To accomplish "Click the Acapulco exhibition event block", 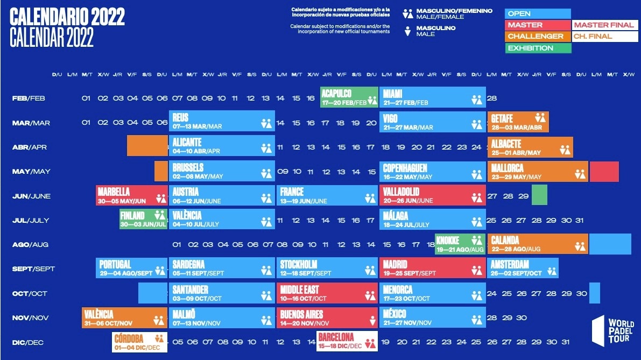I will (x=349, y=97).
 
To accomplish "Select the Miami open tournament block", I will (x=432, y=97).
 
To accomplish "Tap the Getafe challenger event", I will (x=518, y=122).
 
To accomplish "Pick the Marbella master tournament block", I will (x=132, y=196).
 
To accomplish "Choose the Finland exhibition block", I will (x=143, y=220).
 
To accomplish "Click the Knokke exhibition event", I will (x=460, y=244).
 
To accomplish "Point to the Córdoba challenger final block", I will (x=140, y=342).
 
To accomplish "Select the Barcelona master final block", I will (x=347, y=341).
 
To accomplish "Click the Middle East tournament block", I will (x=327, y=293).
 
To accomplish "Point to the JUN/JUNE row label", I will (x=31, y=196).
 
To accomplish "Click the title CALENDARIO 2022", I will (x=67, y=18).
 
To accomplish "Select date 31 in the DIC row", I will (x=565, y=342).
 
